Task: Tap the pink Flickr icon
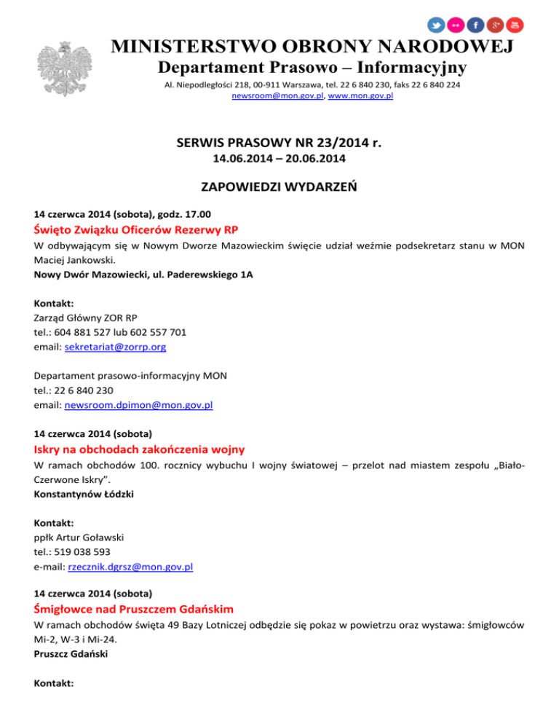coord(456,25)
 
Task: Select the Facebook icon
coord(476,25)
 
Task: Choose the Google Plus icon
coord(496,25)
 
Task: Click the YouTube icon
coord(515,25)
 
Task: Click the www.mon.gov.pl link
coord(361,95)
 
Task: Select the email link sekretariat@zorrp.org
coord(115,347)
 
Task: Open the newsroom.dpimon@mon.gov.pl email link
coord(138,405)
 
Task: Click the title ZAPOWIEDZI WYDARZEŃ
coord(279,189)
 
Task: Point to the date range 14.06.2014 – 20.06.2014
coord(279,157)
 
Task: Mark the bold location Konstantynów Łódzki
coord(84,493)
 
